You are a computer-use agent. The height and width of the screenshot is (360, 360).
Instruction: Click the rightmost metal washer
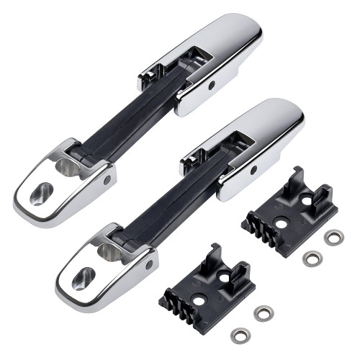(x=333, y=237)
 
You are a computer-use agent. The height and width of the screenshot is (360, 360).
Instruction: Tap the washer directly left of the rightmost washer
(x=311, y=258)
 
